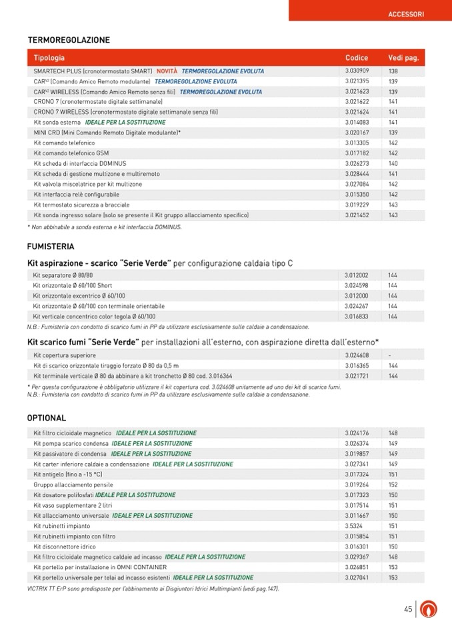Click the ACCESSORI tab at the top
pos(405,14)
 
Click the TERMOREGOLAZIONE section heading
pos(69,40)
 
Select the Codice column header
pos(357,58)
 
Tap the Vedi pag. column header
pos(403,58)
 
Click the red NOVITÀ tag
pos(167,71)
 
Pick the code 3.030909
pos(357,71)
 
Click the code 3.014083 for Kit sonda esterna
pos(357,123)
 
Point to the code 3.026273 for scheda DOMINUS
pos(357,163)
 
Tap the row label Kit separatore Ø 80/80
pos(63,275)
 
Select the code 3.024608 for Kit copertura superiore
pos(357,355)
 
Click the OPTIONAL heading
pos(47,418)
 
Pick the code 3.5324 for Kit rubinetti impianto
pos(354,526)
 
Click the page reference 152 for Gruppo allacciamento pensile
pos(393,484)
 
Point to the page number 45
pos(408,608)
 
